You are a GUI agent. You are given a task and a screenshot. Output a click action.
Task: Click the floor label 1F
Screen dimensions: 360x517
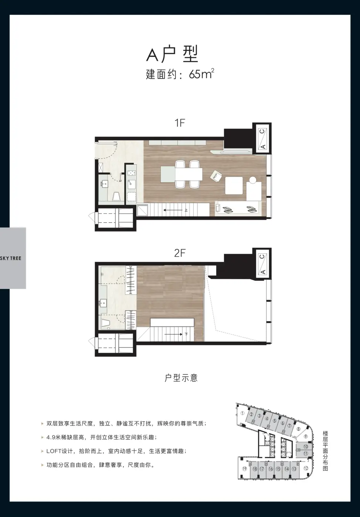pyautogui.click(x=180, y=123)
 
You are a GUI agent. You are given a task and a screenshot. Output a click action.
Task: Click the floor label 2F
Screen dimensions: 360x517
pyautogui.click(x=180, y=253)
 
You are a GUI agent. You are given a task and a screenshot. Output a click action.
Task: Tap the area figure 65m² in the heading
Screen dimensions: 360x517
pyautogui.click(x=201, y=73)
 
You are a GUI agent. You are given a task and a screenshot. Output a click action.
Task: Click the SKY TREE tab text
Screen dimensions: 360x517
pyautogui.click(x=11, y=258)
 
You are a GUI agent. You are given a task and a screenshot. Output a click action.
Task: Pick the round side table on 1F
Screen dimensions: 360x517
pyautogui.click(x=252, y=180)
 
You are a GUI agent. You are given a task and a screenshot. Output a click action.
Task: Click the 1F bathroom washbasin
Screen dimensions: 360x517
pyautogui.click(x=105, y=184)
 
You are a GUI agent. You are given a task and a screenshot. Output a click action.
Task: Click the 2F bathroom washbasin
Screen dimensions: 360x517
pyautogui.click(x=103, y=302)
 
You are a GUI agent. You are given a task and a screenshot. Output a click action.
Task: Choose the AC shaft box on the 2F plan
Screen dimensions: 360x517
pyautogui.click(x=262, y=264)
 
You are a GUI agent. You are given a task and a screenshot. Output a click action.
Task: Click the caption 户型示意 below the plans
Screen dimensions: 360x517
pyautogui.click(x=181, y=378)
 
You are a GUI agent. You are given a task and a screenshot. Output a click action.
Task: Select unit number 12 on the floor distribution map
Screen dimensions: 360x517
pyautogui.click(x=306, y=468)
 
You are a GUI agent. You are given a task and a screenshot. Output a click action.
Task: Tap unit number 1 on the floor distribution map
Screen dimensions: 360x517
pyautogui.click(x=242, y=413)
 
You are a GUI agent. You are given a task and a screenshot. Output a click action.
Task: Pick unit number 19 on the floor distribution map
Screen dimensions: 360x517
pyautogui.click(x=244, y=469)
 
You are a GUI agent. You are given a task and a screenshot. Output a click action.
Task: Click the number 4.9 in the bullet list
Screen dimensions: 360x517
pyautogui.click(x=51, y=437)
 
